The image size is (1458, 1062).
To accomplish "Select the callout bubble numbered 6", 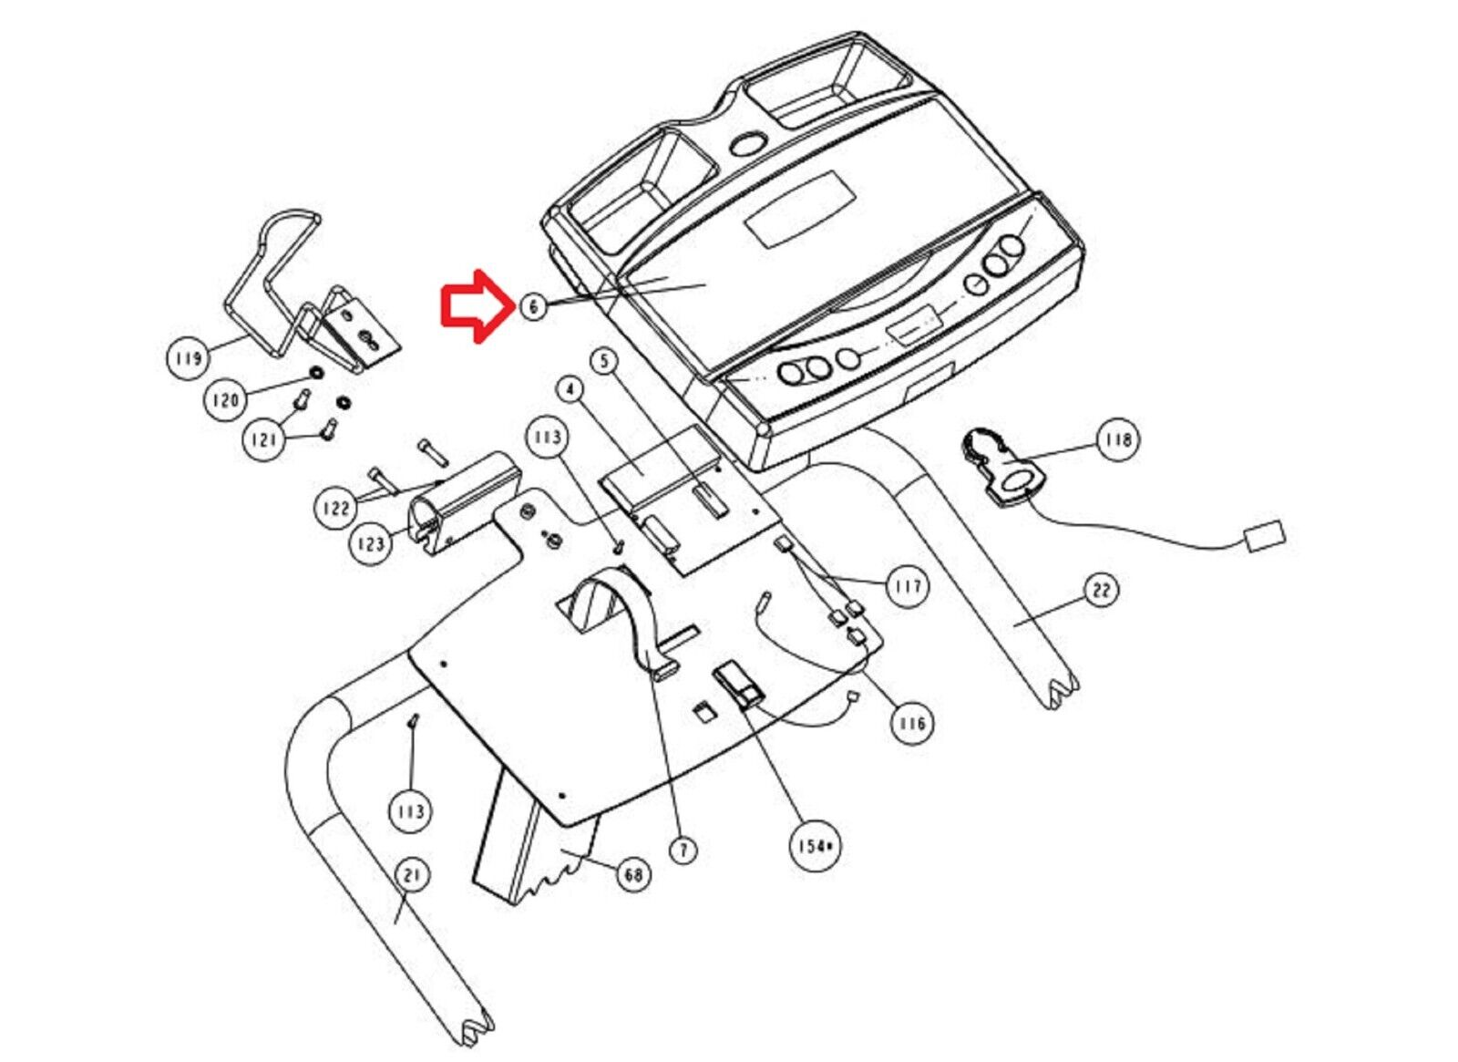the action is [x=533, y=306].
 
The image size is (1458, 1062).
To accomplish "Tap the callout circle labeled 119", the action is [x=188, y=358].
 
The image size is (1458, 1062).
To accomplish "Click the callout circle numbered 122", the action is [x=336, y=507].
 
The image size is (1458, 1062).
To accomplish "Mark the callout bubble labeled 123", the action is [x=371, y=544].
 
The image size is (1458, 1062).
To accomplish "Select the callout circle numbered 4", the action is [x=570, y=389].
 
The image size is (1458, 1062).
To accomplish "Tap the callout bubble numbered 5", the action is [x=604, y=362].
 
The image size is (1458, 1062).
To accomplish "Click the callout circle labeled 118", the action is [x=1117, y=439].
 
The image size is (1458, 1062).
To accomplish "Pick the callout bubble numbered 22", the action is [x=1102, y=591].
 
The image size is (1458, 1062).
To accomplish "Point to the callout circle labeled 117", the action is [x=907, y=585].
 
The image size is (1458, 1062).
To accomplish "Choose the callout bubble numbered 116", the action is [x=910, y=723].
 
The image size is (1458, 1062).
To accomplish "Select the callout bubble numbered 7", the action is [x=683, y=851].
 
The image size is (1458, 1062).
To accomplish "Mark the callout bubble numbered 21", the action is [x=412, y=876].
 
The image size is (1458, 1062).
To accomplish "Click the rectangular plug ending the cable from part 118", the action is [x=1264, y=535].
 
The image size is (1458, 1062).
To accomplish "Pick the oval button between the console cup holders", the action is [x=748, y=145].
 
